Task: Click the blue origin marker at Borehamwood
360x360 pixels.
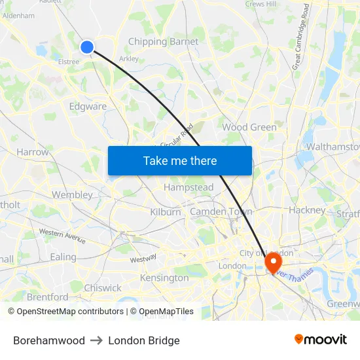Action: [x=87, y=46]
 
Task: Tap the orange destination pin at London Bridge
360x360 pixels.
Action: [x=272, y=262]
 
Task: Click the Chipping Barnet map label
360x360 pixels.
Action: [x=163, y=42]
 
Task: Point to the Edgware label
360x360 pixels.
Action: [x=88, y=106]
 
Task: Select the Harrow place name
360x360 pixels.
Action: [x=33, y=152]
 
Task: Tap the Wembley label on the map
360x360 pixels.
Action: [x=72, y=194]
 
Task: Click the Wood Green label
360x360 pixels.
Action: [x=249, y=127]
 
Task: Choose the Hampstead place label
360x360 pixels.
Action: [x=189, y=187]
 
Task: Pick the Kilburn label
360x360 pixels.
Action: [x=165, y=212]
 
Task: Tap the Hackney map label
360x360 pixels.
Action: [x=307, y=210]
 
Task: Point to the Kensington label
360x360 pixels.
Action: [x=164, y=278]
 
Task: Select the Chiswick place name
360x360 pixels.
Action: [x=103, y=288]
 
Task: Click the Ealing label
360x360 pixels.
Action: [x=63, y=257]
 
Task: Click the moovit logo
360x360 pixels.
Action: [x=320, y=340]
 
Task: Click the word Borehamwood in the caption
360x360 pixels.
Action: [x=49, y=340]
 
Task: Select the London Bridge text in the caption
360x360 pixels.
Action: [x=144, y=340]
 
